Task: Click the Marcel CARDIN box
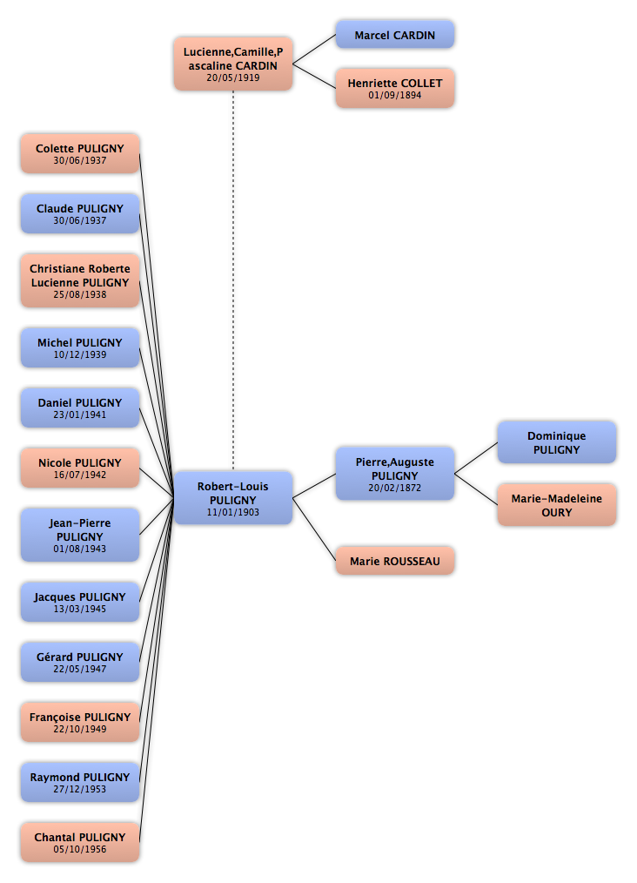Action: click(395, 35)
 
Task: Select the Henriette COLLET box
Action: click(395, 89)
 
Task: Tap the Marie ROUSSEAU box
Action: click(395, 561)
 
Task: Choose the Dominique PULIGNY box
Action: click(557, 442)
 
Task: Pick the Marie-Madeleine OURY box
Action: click(557, 505)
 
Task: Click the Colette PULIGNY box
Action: click(80, 154)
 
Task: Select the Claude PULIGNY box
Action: click(80, 214)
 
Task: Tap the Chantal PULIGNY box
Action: click(80, 842)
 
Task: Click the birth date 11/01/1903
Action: click(233, 512)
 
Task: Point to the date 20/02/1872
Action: click(395, 489)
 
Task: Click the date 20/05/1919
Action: click(233, 78)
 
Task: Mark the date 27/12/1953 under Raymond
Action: click(80, 790)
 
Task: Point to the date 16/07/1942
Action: click(80, 475)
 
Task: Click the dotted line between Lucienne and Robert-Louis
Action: click(233, 280)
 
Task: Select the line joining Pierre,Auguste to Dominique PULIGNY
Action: click(476, 458)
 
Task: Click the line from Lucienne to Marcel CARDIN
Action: click(314, 49)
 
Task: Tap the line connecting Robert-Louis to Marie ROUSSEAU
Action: click(314, 529)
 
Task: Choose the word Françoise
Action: click(55, 718)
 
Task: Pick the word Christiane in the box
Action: click(56, 269)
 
